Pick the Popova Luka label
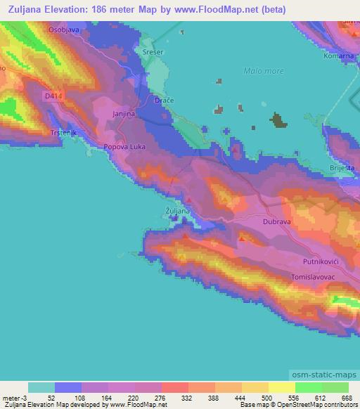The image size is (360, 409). point(124,147)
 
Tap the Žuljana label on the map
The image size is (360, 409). point(176,211)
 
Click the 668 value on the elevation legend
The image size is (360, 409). point(345,398)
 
